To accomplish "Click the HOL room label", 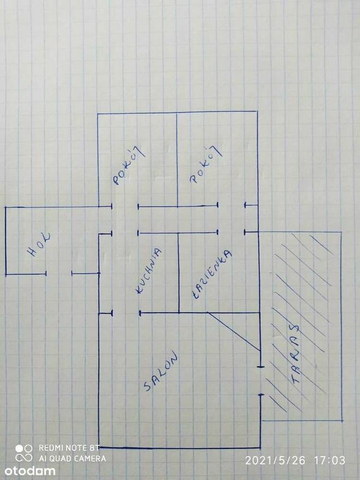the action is click(39, 244).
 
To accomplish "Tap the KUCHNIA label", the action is click(149, 271).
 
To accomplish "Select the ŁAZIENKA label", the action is click(212, 274).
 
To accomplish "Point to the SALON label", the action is click(161, 371).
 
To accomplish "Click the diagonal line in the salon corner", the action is click(233, 332).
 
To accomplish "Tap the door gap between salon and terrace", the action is click(261, 381).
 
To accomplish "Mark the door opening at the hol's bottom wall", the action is click(59, 273).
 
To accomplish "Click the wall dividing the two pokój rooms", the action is click(177, 159).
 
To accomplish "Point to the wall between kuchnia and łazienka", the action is click(178, 273).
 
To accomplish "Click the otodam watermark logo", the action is click(29, 471).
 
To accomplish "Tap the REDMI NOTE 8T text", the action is click(69, 448).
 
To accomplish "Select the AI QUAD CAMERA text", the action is click(73, 458).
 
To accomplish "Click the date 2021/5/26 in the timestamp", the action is click(275, 460).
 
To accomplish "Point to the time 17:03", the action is click(329, 460).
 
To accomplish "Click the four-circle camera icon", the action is click(24, 453).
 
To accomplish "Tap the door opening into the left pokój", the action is click(125, 207).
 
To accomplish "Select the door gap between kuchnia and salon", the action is click(126, 313).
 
